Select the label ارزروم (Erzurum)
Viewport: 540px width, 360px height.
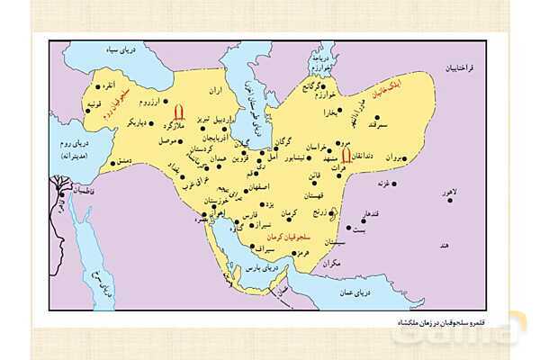point(153,101)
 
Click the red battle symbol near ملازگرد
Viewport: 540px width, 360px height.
point(178,112)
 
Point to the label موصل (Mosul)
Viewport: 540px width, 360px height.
point(169,141)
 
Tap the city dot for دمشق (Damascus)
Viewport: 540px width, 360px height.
point(112,164)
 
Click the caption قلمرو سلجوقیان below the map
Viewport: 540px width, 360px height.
point(360,321)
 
